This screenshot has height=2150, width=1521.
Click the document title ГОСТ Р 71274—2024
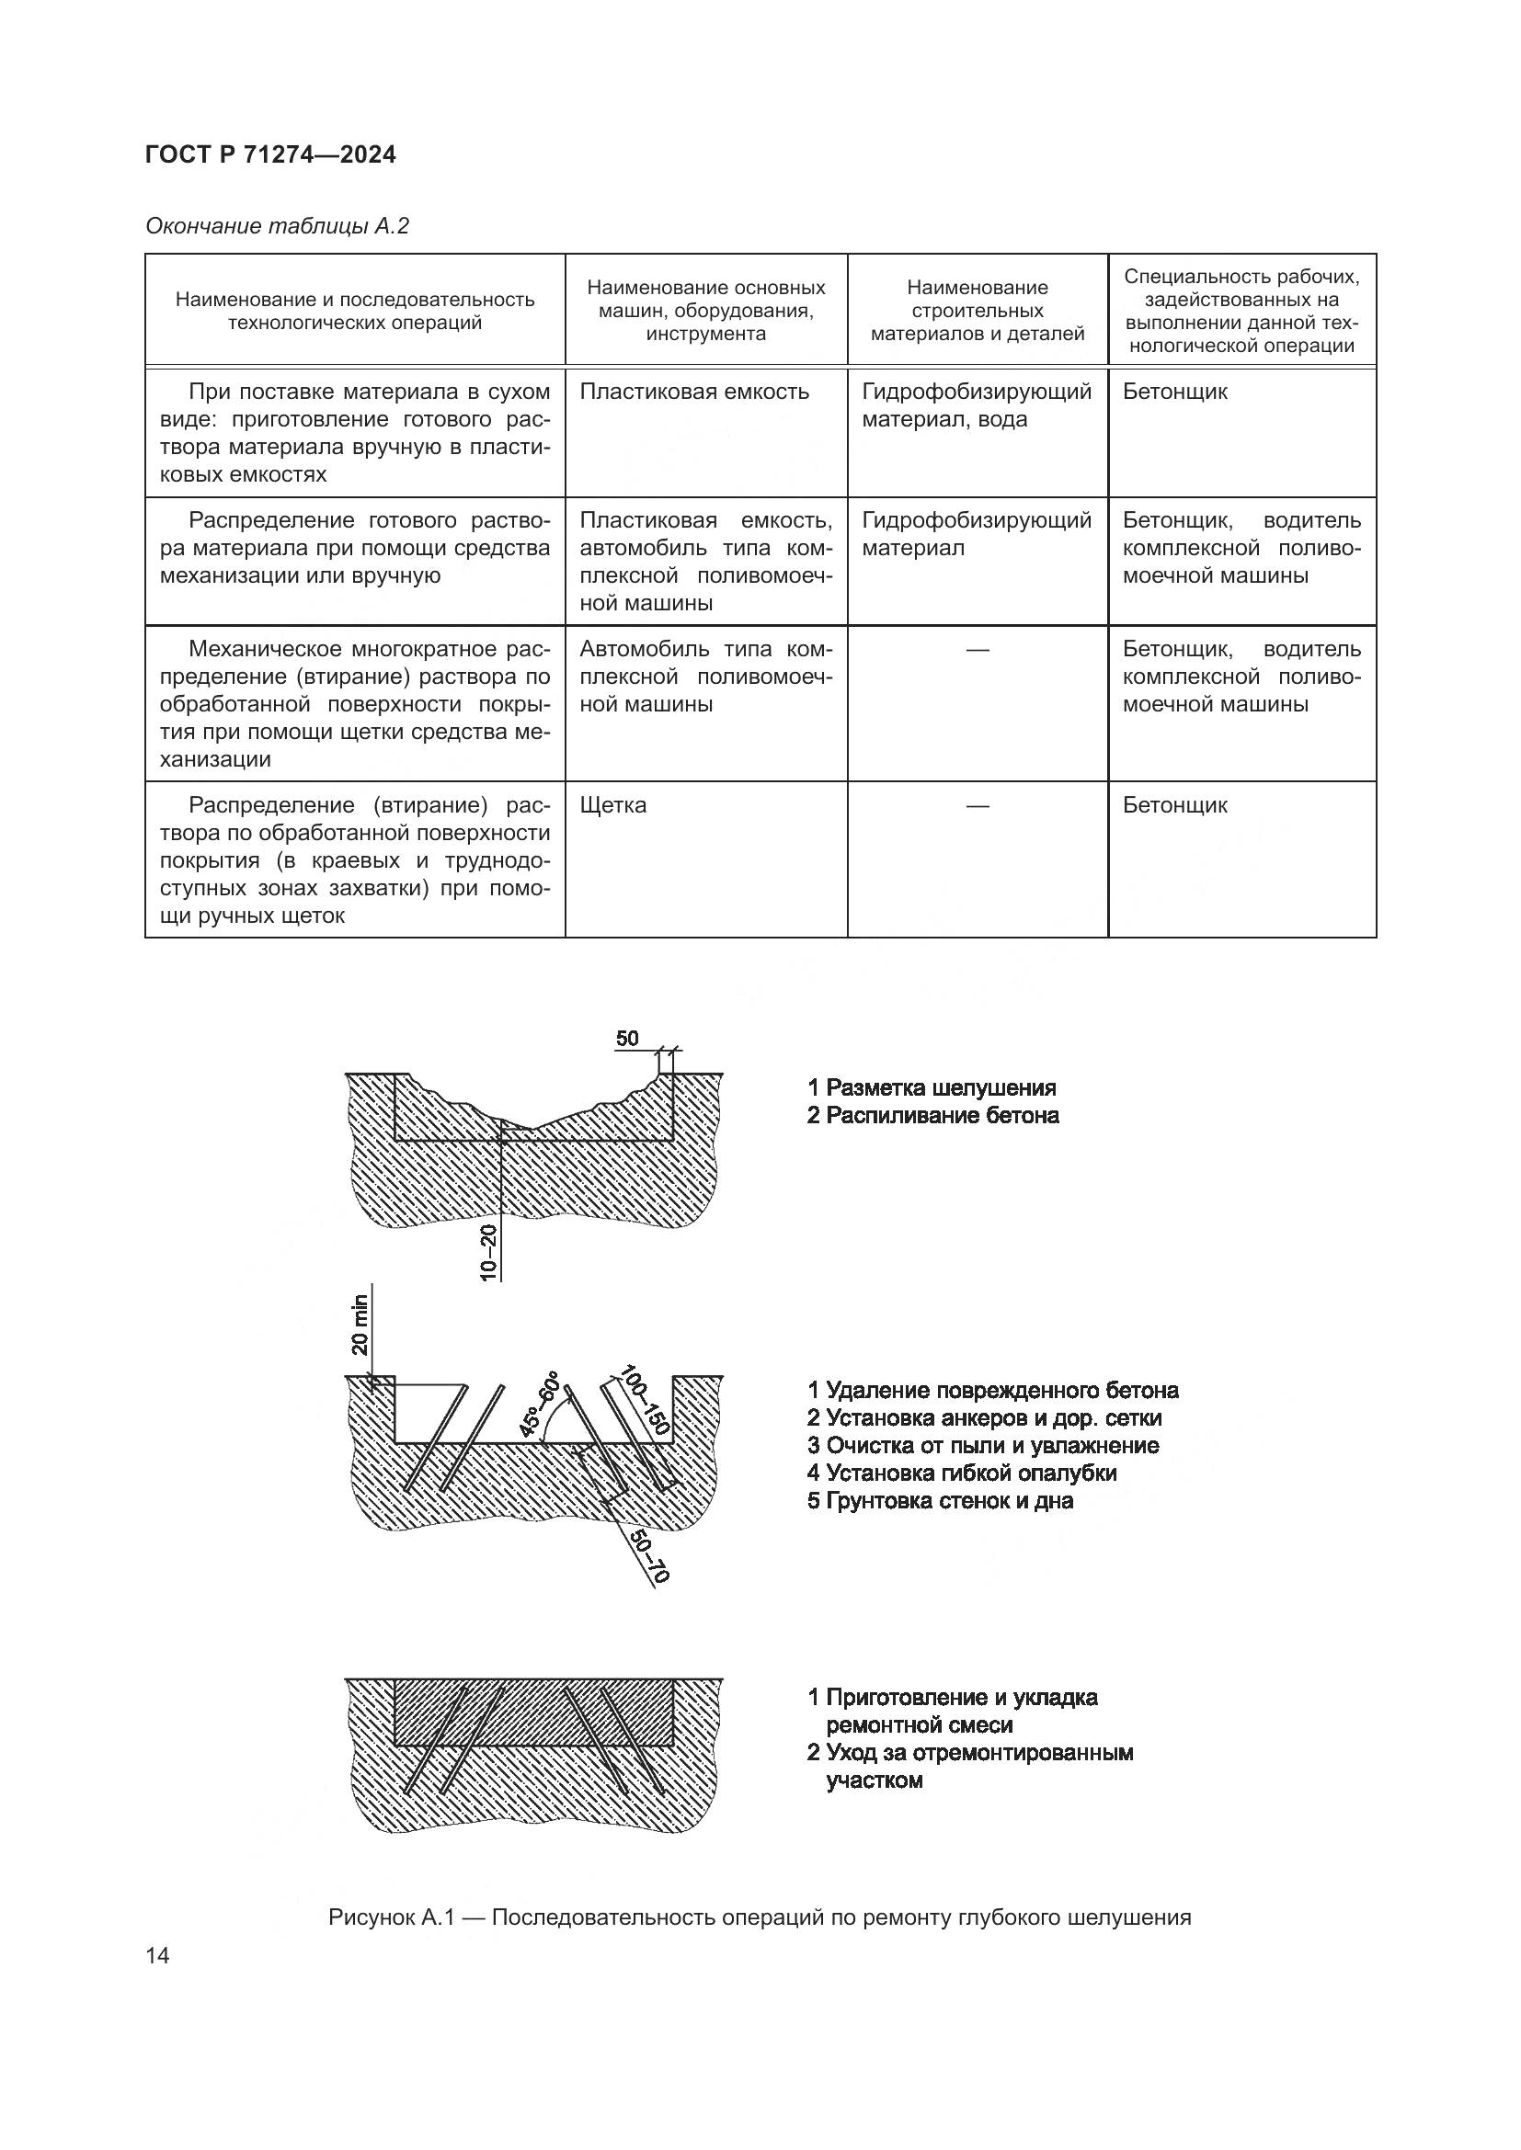270,154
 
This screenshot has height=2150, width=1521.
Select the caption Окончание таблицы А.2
277,227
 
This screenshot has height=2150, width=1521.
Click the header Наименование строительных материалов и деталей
977,310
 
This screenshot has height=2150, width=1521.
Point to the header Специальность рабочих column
1241,310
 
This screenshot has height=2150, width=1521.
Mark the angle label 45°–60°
539,1405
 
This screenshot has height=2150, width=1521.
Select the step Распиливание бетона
932,1115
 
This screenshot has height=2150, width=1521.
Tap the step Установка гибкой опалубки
962,1473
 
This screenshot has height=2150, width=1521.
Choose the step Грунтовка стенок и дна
941,1501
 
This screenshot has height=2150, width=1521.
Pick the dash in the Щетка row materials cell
977,805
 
